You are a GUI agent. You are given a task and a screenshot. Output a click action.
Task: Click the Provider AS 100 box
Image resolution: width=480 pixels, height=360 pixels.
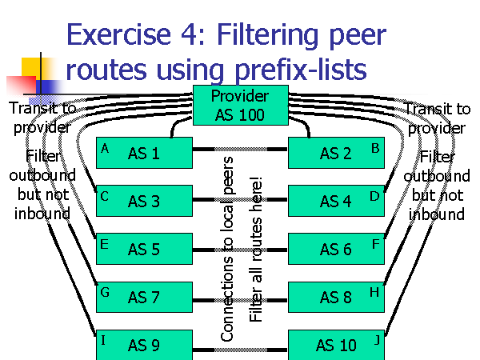point(239,106)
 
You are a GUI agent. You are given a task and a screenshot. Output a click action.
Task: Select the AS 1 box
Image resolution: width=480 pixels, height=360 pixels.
point(145,154)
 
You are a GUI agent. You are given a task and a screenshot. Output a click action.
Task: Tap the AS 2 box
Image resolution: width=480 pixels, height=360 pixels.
point(335,154)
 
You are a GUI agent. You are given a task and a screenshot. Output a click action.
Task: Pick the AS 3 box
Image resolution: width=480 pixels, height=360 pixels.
point(145,202)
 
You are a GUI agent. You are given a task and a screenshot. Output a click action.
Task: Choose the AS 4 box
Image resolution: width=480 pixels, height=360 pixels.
point(335,202)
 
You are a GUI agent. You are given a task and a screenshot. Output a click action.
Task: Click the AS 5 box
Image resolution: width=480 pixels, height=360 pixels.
point(145,250)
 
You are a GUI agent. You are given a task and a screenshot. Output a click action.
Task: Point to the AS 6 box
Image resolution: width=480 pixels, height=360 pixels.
point(335,250)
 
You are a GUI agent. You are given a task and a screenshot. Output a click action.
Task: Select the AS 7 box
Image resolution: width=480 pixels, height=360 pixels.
point(145,298)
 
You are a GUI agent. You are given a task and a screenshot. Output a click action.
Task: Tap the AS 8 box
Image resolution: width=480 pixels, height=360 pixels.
point(335,298)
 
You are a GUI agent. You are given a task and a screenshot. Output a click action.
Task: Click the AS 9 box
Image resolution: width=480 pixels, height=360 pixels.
point(145,345)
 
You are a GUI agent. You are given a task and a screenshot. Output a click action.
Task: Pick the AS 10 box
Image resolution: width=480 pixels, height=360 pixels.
point(335,345)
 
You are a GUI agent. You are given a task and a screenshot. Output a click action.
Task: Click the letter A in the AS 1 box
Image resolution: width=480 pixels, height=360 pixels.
point(105,148)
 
